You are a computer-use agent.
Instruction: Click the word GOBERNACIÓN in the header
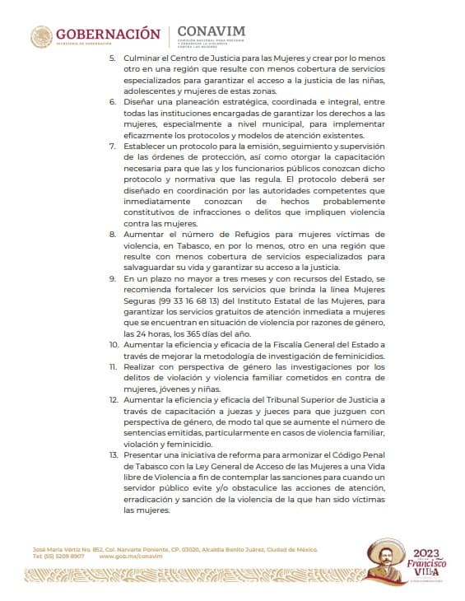pyautogui.click(x=107, y=34)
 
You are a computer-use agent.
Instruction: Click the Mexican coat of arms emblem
pyautogui.click(x=41, y=36)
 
